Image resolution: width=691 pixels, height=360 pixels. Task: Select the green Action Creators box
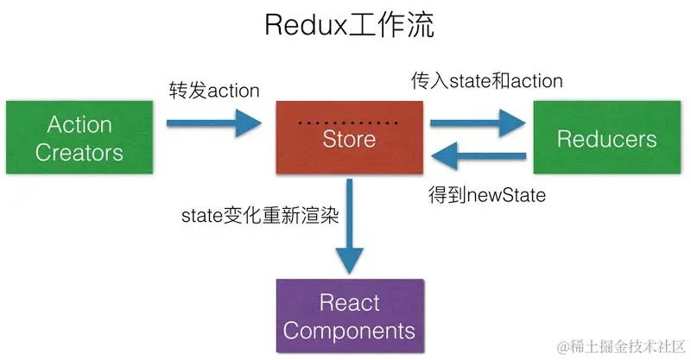coord(79,139)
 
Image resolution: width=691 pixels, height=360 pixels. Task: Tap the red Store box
coord(349,139)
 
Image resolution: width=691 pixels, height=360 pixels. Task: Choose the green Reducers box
coord(606,139)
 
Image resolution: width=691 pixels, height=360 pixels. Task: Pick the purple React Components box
coord(349,316)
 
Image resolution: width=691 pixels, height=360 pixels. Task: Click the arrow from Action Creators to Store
coord(217,123)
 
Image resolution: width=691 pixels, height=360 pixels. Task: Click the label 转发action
coord(213,90)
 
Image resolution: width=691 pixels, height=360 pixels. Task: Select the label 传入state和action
coord(485,81)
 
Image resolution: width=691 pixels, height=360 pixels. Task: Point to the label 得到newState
coord(487,195)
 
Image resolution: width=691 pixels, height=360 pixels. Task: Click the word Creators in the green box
coord(79,153)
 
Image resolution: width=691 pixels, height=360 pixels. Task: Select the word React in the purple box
coord(349,302)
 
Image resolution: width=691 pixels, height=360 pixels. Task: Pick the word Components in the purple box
coord(349,330)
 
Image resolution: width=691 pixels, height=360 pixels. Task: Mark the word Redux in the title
coord(302,26)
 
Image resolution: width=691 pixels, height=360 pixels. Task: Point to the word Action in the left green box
coord(79,125)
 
